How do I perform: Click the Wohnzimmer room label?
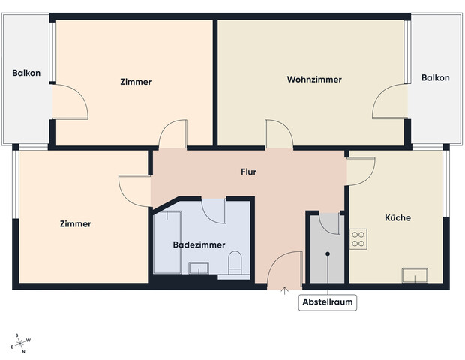tap(314, 79)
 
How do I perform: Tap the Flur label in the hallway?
tap(248, 172)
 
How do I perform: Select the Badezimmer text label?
tap(196, 244)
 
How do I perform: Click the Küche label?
tap(397, 218)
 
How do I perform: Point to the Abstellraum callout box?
tap(328, 303)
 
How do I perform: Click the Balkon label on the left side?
tap(26, 73)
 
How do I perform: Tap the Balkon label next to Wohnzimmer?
tap(435, 78)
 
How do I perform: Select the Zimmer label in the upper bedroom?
tap(136, 82)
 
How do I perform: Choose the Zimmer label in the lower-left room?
tap(75, 223)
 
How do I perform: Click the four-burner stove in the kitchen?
tap(358, 238)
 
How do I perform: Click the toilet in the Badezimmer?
tap(235, 263)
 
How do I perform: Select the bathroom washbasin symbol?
tap(199, 268)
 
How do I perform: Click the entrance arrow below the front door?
tap(284, 291)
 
